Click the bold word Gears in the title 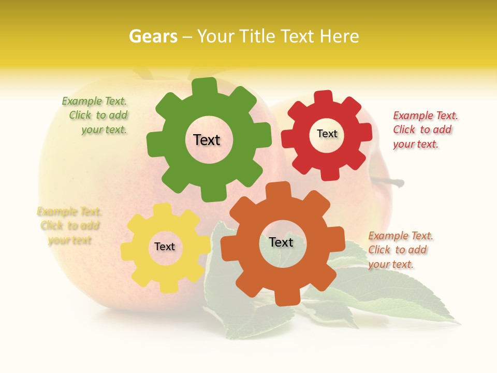[153, 36]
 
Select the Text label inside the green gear [207, 140]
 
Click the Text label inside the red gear [327, 134]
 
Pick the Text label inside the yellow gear [165, 247]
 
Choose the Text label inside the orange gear [281, 242]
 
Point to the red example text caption [425, 130]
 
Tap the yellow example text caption [69, 226]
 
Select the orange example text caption [400, 250]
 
